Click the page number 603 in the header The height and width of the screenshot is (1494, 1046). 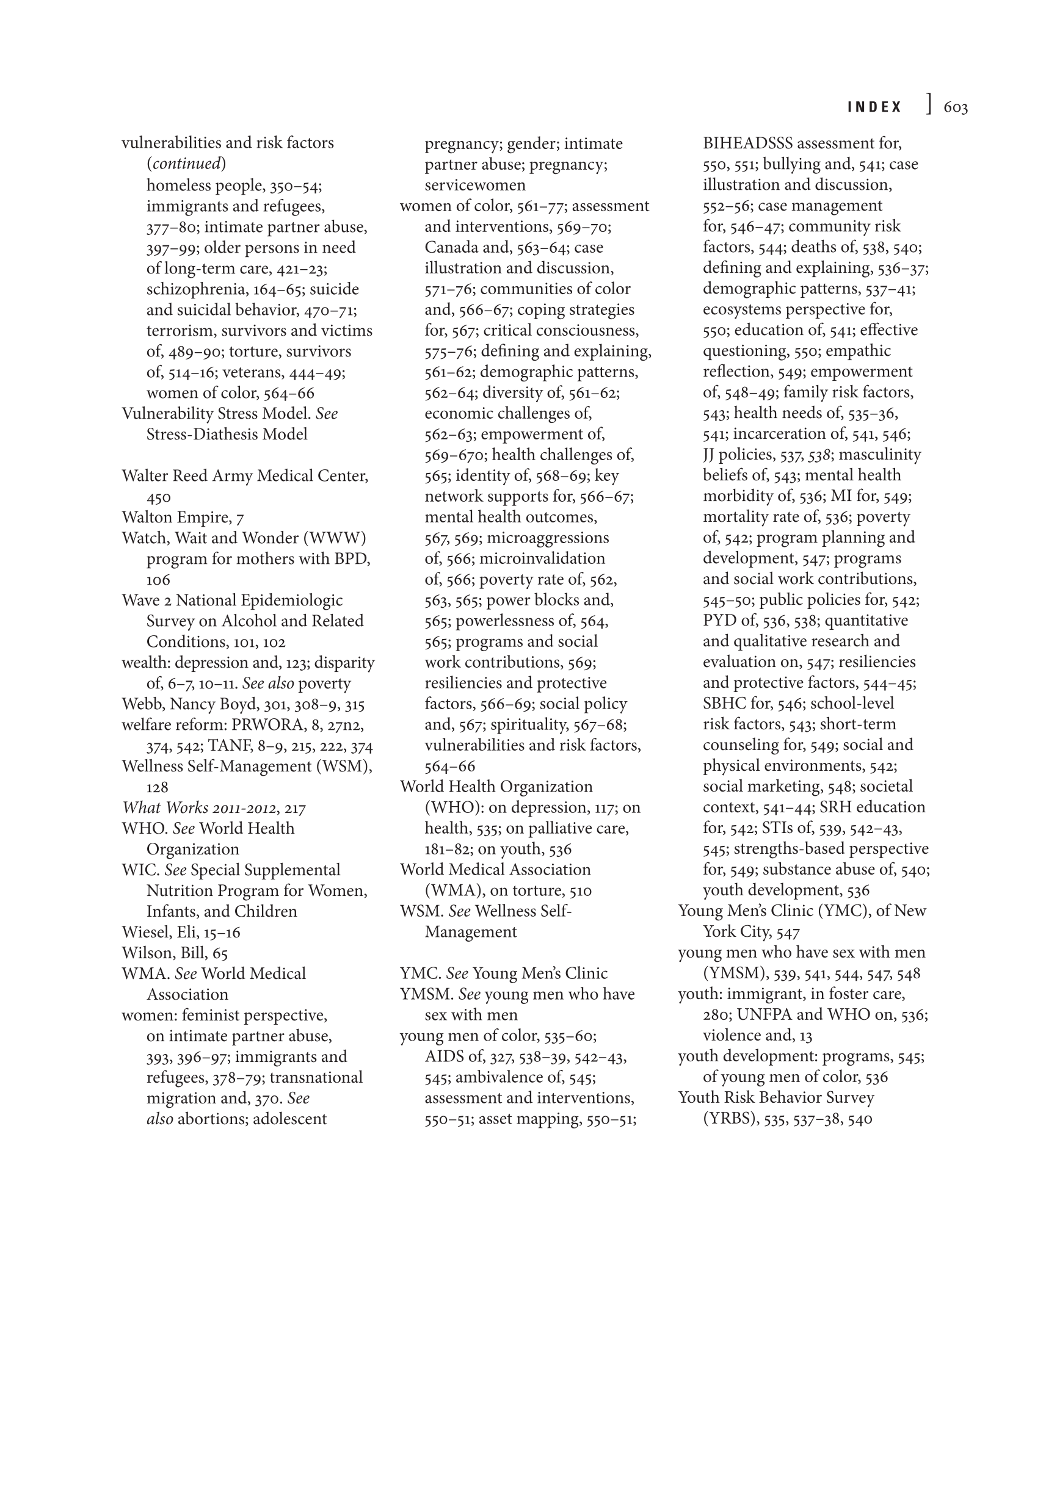[x=955, y=108]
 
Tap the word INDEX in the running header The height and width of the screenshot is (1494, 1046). [x=874, y=108]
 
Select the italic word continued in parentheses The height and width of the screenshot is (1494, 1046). [x=186, y=164]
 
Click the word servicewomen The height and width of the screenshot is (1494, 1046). [x=475, y=186]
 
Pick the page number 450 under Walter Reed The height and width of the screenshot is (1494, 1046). [x=158, y=498]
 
